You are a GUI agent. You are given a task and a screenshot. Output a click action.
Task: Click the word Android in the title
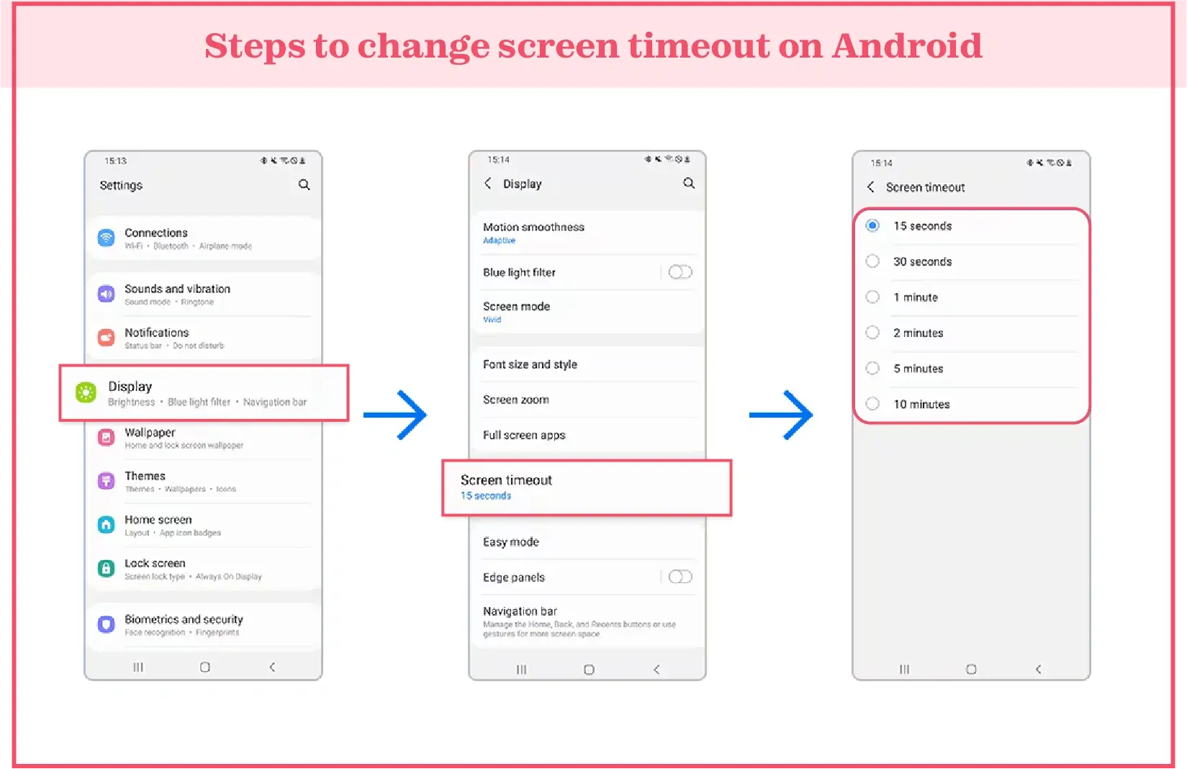coord(906,46)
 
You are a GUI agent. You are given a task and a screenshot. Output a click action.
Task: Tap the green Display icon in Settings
coord(86,392)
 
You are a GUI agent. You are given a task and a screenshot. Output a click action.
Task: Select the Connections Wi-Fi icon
coord(106,238)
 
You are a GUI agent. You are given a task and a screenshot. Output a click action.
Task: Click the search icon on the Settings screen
coord(304,185)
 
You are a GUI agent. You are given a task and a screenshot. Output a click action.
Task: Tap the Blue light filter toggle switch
coord(680,272)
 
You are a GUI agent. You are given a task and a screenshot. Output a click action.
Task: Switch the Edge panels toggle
coord(680,577)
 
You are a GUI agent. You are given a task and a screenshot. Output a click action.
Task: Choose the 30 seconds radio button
coord(872,261)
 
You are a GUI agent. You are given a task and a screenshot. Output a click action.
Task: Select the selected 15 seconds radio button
coord(872,225)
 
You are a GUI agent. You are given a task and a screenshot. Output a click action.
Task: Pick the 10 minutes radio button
coord(872,404)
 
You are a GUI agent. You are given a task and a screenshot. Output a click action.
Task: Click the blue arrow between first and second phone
coord(395,415)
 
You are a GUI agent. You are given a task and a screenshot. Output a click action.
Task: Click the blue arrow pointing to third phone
coord(781,415)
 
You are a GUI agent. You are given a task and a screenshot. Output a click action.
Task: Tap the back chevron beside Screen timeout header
coord(871,187)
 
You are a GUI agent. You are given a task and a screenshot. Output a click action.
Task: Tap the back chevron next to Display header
coord(488,184)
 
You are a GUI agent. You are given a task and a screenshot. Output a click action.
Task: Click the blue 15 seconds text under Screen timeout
coord(486,496)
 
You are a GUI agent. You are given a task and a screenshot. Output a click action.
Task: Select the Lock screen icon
coord(106,568)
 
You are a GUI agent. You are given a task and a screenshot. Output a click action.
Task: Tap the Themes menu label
coord(145,476)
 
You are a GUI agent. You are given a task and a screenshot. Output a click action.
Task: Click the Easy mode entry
coord(511,542)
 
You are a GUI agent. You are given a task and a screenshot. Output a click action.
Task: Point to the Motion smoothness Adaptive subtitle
coord(499,240)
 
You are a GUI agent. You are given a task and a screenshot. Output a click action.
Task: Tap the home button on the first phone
coord(205,667)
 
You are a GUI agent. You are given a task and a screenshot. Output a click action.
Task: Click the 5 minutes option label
coord(918,369)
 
